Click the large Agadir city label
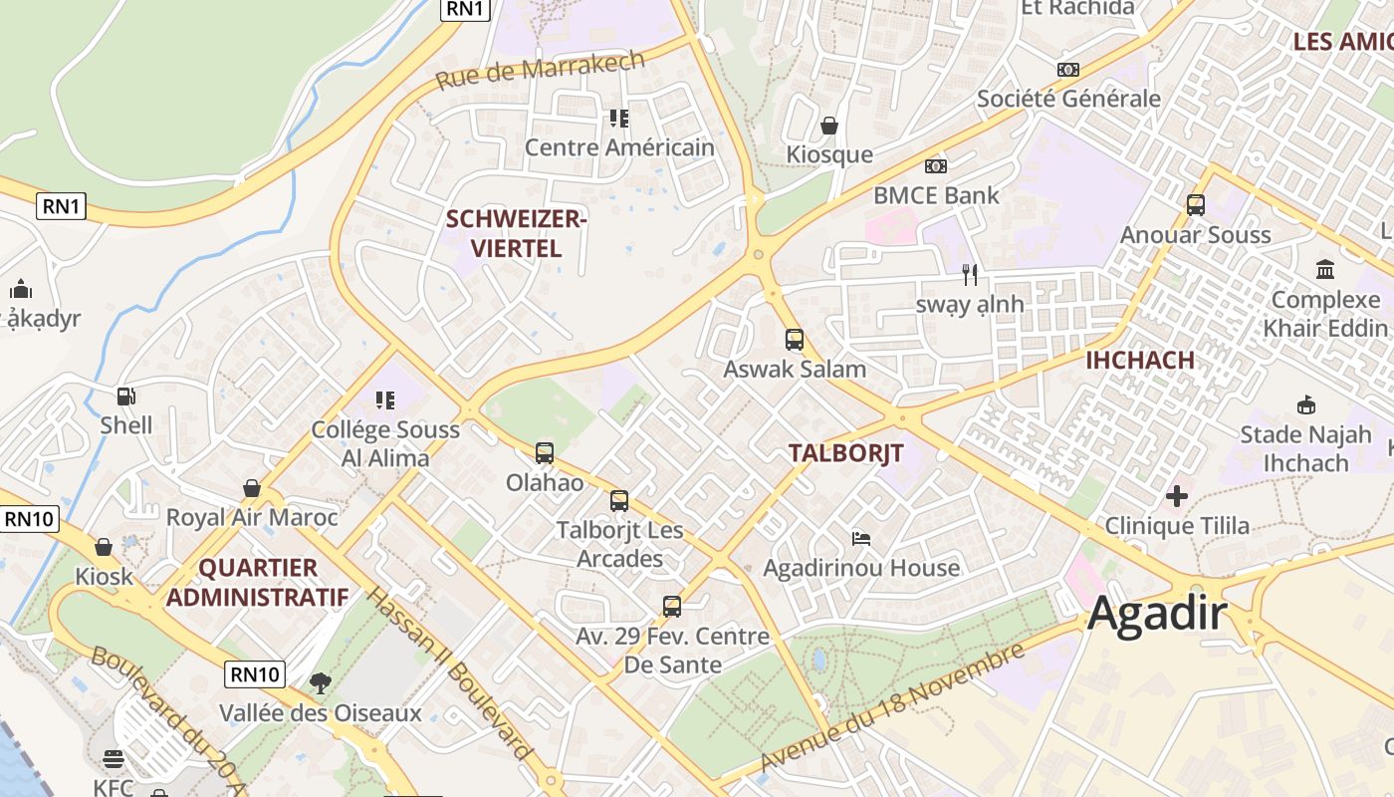(1157, 614)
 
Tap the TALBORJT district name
(845, 453)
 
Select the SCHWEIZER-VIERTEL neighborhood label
(516, 234)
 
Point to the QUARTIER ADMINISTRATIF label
(257, 583)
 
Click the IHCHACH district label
(1139, 361)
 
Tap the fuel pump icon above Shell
(126, 397)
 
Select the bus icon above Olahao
(545, 453)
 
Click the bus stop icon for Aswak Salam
(794, 340)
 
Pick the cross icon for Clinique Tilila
(1177, 496)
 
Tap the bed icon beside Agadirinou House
(861, 539)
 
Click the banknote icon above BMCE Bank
(935, 166)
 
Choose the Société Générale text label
(1068, 99)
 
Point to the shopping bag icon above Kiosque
(828, 126)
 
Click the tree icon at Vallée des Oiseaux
(321, 683)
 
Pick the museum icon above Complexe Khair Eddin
(1325, 270)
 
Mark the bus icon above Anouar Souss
(1196, 205)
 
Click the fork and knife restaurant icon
(970, 275)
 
